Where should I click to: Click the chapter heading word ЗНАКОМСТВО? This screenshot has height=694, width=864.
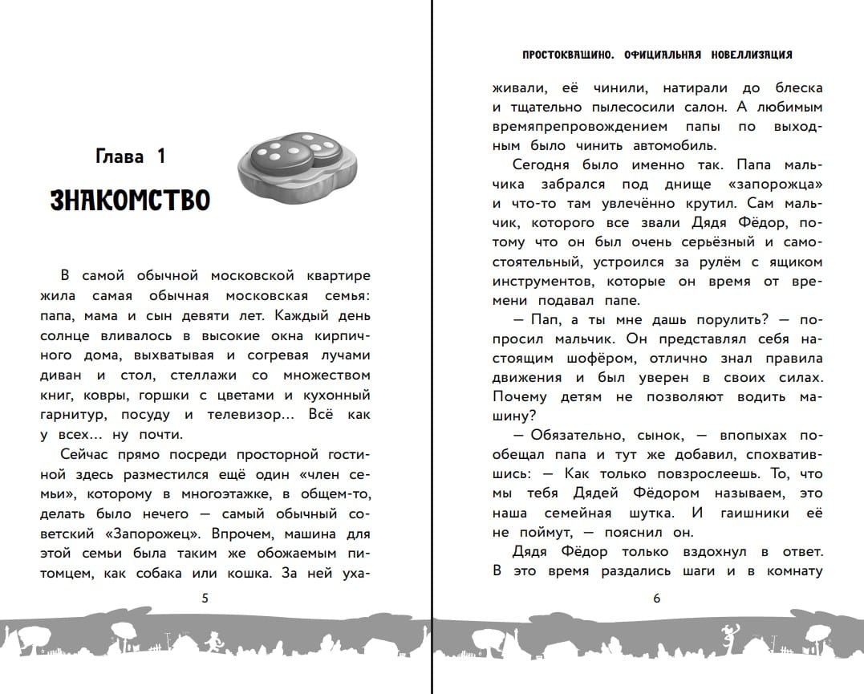click(x=130, y=200)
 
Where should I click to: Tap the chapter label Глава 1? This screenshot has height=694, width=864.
click(x=129, y=156)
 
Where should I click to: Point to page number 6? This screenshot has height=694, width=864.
click(x=656, y=598)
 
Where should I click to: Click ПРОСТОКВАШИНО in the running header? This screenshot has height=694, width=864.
click(x=562, y=55)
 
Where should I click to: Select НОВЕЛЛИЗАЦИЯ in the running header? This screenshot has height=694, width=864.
click(x=751, y=55)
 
